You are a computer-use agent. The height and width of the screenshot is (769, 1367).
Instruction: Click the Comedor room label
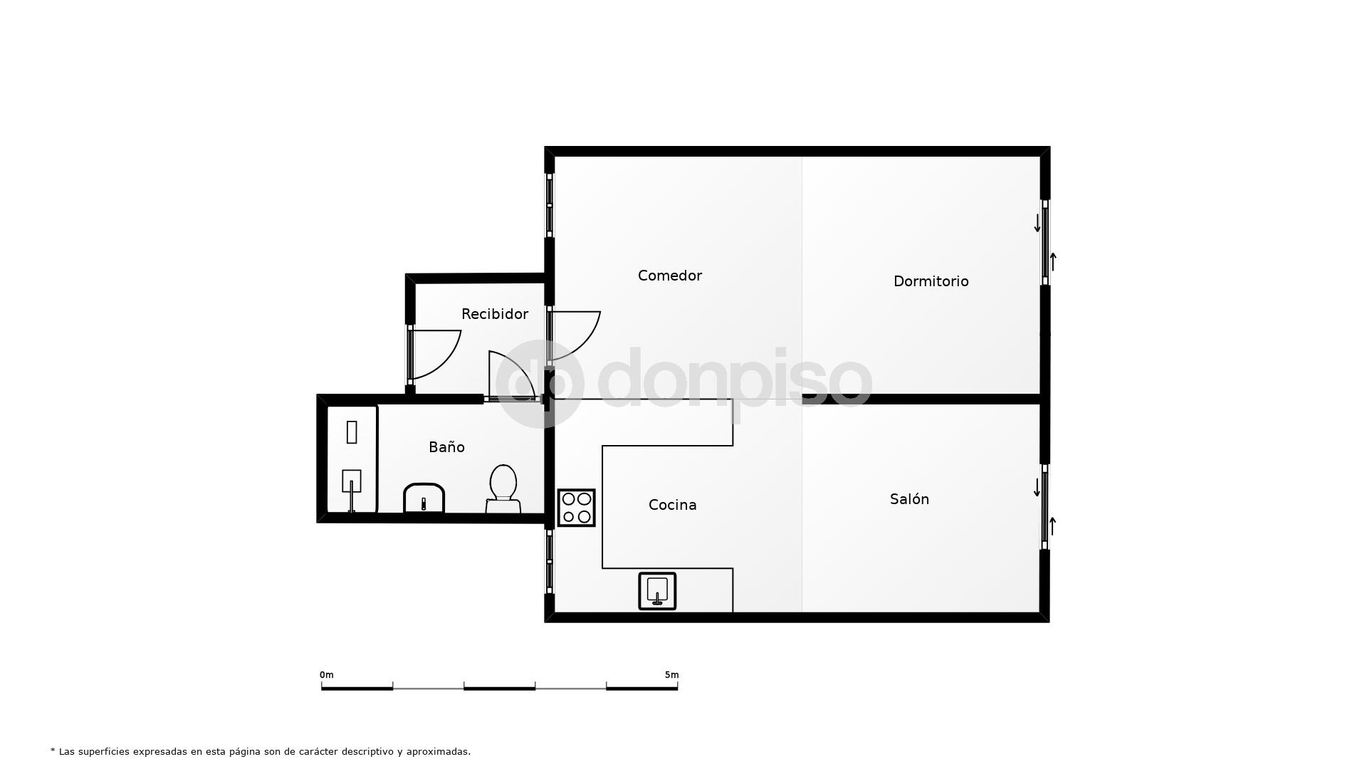[669, 276]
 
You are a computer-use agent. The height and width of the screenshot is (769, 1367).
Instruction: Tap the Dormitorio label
[931, 281]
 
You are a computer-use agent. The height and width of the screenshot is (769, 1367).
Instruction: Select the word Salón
[909, 499]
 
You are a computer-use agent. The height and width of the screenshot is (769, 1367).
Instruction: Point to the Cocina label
[672, 505]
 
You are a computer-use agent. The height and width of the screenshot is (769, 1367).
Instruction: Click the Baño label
[446, 447]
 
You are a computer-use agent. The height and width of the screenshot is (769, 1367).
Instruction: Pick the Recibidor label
[495, 314]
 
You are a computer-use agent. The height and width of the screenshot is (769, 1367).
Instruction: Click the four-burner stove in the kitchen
[576, 508]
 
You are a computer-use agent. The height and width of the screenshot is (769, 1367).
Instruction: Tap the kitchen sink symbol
[657, 591]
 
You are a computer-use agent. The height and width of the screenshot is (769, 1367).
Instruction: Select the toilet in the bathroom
[503, 488]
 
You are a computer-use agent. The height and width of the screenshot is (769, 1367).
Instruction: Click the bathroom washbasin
[424, 498]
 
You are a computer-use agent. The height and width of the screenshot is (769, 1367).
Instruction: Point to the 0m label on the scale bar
[326, 675]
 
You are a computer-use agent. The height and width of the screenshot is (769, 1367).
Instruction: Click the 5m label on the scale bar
[671, 675]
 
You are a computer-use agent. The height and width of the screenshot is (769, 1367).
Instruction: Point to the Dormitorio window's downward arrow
[1037, 223]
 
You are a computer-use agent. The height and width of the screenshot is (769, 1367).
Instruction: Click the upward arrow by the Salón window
[1052, 526]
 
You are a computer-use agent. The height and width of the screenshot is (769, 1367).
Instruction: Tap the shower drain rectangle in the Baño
[352, 432]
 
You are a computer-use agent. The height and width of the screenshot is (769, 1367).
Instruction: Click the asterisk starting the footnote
[53, 750]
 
